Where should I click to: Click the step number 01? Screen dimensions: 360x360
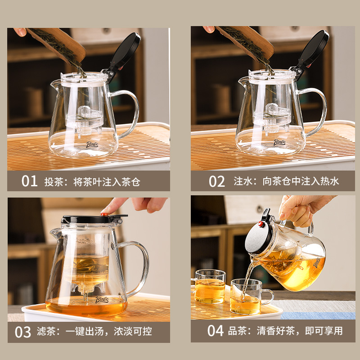(x=29, y=181)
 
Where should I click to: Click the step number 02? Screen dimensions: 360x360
(x=217, y=181)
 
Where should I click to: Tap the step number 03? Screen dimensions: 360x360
(x=23, y=332)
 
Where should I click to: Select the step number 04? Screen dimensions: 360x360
(x=216, y=331)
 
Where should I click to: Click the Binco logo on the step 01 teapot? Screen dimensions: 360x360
(x=92, y=144)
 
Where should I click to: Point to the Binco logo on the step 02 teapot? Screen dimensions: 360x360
(x=279, y=142)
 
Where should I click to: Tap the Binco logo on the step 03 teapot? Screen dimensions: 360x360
(x=102, y=299)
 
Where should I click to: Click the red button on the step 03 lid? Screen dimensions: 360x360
(x=104, y=215)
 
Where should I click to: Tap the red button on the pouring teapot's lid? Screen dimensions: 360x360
(x=261, y=224)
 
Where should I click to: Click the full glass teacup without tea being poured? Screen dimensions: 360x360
(x=210, y=286)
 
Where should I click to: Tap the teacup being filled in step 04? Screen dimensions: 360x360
(x=249, y=297)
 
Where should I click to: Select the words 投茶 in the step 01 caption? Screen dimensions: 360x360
(x=54, y=182)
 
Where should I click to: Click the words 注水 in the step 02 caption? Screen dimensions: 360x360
(x=243, y=181)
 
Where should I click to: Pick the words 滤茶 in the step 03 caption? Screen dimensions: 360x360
(x=46, y=331)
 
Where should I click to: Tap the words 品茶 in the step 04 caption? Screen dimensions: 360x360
(x=238, y=331)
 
